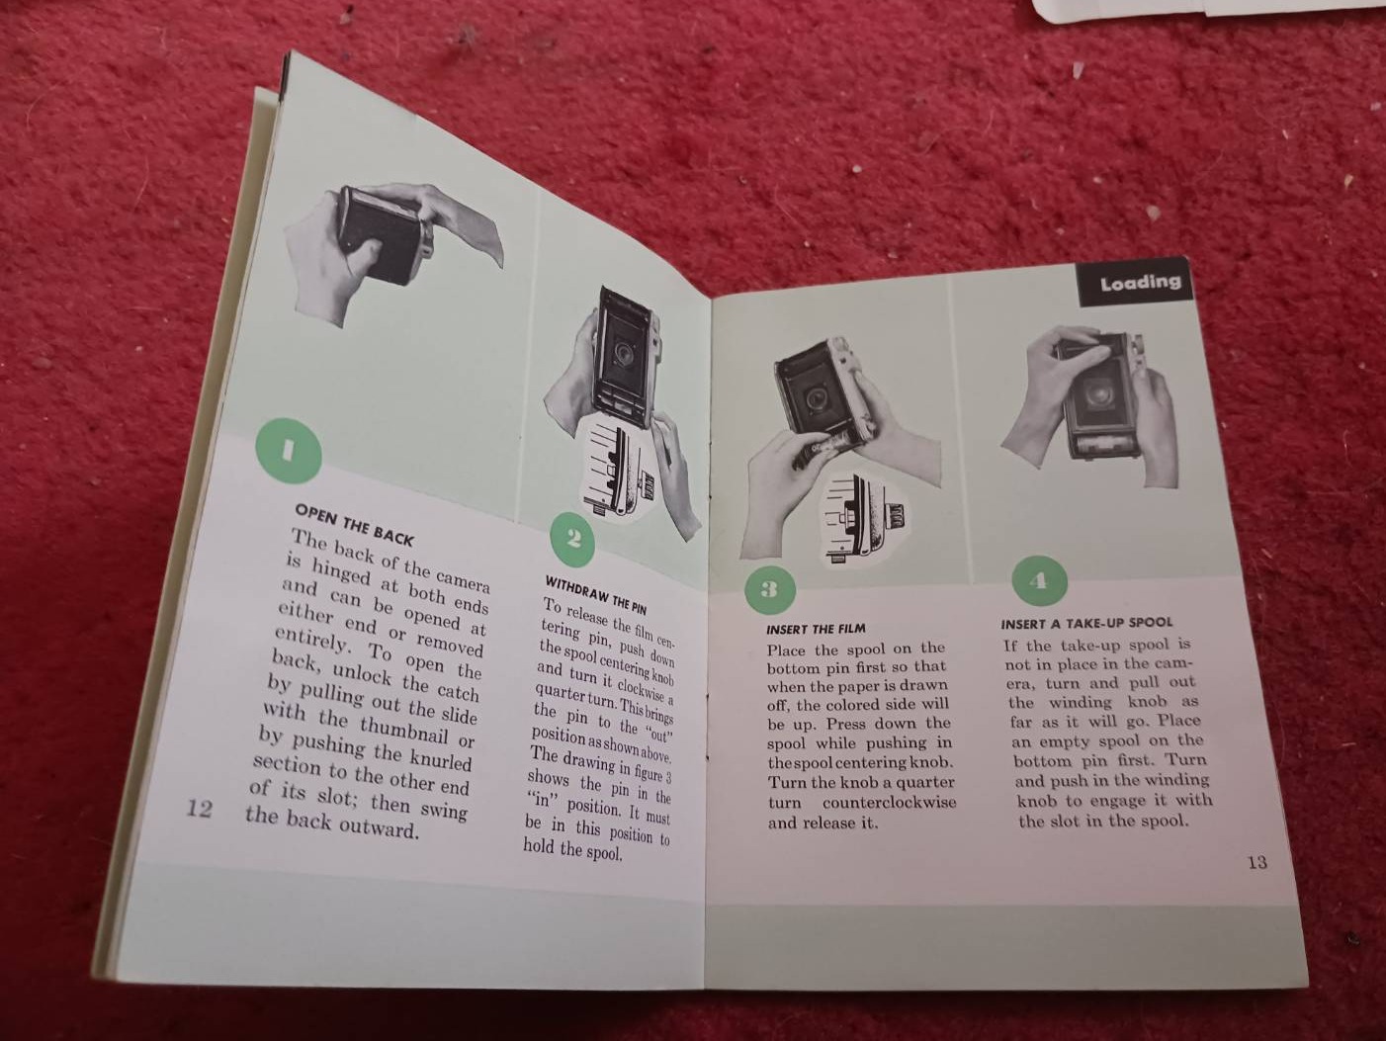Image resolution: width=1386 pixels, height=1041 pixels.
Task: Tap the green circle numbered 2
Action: click(x=572, y=540)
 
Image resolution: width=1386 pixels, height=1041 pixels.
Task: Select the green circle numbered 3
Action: click(x=770, y=589)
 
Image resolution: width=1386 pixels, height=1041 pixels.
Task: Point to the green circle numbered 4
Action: click(x=1039, y=581)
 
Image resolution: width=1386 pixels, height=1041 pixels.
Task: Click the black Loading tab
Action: click(x=1138, y=282)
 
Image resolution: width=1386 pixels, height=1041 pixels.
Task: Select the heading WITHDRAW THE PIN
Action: click(x=596, y=594)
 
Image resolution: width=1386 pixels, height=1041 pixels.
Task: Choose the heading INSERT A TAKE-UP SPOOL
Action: click(x=1086, y=623)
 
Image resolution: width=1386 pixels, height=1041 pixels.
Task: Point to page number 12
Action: click(x=199, y=809)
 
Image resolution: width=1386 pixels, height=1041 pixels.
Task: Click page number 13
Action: click(x=1257, y=862)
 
